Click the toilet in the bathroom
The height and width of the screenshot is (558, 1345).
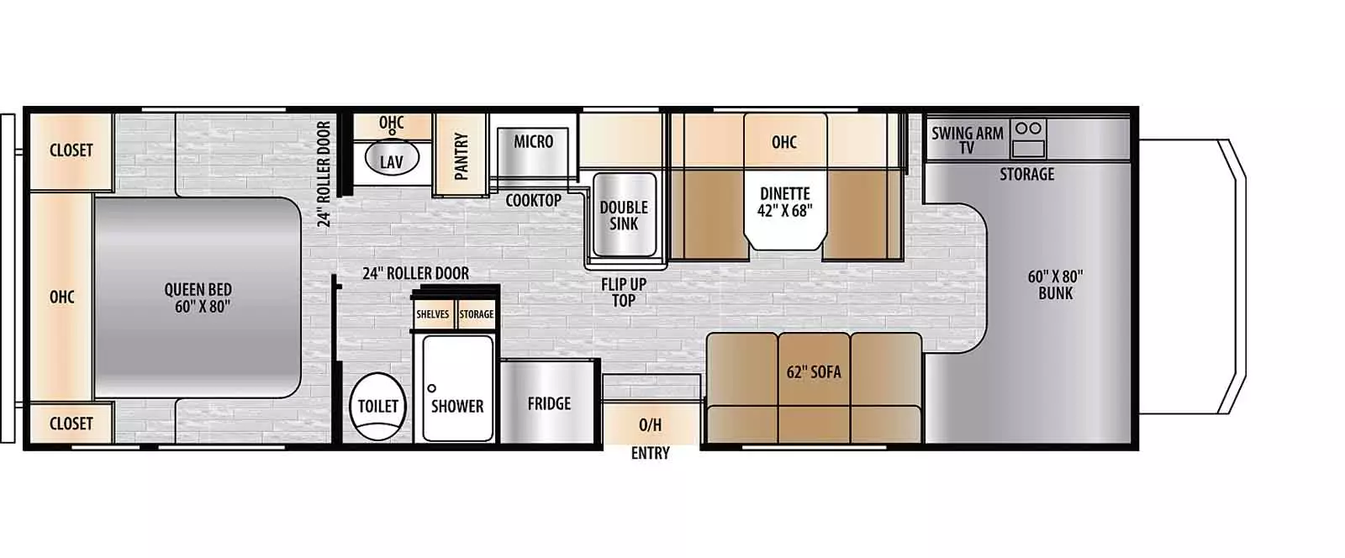(377, 407)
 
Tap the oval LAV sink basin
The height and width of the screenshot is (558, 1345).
(391, 161)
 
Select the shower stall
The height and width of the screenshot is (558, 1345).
(456, 388)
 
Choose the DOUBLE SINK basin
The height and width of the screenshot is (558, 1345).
(624, 215)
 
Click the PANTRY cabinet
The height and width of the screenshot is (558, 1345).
(461, 155)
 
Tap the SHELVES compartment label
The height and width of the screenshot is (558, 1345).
(433, 314)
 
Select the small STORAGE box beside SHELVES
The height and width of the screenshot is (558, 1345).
(477, 314)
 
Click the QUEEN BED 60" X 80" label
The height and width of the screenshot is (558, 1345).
(198, 297)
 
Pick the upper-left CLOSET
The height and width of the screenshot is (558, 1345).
(71, 150)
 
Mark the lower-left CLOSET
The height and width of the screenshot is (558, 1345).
(71, 424)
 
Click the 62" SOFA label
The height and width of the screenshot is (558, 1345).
(813, 371)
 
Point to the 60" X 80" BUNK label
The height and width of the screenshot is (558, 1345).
(1055, 284)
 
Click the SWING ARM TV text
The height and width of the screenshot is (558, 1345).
(967, 139)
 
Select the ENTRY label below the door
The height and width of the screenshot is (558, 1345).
(650, 454)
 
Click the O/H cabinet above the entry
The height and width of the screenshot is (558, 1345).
(650, 424)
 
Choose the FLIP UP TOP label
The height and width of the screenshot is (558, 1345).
(623, 292)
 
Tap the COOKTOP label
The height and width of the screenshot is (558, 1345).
(533, 200)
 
